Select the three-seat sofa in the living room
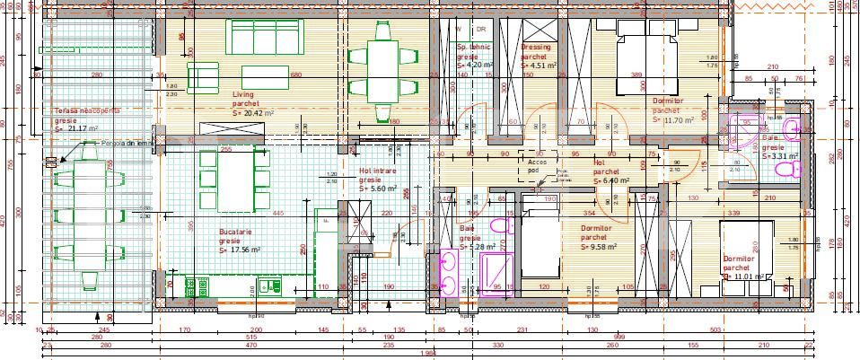267,37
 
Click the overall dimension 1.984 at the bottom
430,353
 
